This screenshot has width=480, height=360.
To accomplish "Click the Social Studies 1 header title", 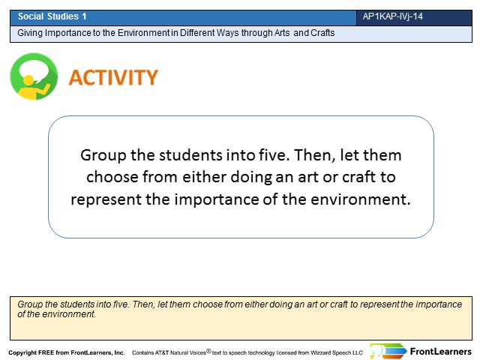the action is click(52, 16).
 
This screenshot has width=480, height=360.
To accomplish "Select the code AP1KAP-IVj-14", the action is click(392, 16).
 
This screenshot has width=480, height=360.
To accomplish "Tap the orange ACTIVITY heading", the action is click(113, 77).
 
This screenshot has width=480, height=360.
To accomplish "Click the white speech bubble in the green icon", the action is click(34, 70).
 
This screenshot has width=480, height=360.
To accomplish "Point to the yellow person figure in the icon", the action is click(31, 88).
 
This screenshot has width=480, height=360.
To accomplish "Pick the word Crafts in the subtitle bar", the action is click(322, 33).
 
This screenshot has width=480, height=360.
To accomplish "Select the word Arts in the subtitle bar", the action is click(282, 33).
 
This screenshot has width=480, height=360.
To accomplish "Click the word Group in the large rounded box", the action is click(103, 155).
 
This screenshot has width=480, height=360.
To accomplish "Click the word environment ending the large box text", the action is click(360, 199).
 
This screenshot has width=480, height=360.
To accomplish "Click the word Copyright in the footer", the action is click(22, 352).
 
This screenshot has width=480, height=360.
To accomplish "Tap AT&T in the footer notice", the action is click(162, 352).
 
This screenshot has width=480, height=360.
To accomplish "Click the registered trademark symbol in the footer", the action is click(208, 351).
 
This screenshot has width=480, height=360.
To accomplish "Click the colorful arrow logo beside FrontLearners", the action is click(388, 351).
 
